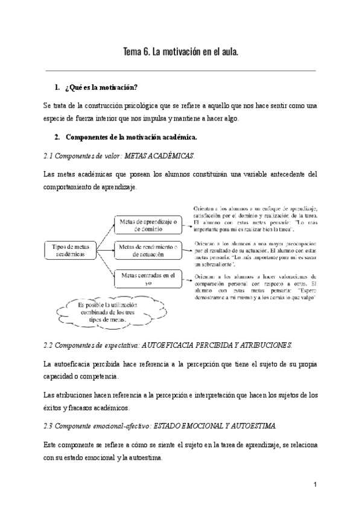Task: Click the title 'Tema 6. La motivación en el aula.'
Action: coord(181,52)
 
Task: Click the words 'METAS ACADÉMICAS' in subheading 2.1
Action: coord(159,155)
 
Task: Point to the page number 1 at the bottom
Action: coord(316,484)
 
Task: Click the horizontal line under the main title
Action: coord(181,71)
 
